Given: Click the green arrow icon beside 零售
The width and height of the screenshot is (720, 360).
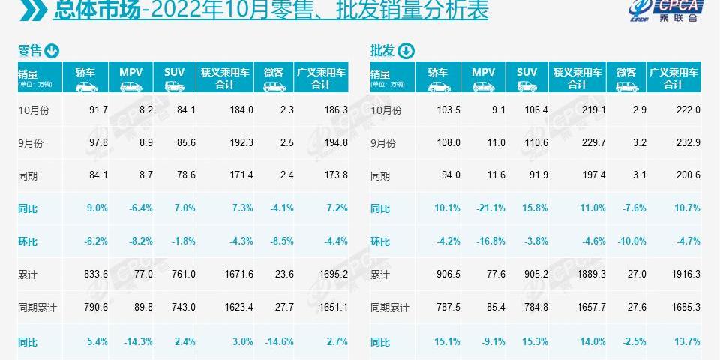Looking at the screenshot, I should (52, 51).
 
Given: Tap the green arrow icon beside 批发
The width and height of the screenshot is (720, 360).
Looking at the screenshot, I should (405, 51).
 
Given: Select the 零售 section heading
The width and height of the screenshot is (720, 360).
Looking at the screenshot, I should (30, 51).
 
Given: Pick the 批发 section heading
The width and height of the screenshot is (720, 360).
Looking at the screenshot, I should (382, 51).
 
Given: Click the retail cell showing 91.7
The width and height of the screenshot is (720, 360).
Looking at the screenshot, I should (98, 109).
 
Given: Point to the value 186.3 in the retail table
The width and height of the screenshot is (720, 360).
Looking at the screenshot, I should (334, 109).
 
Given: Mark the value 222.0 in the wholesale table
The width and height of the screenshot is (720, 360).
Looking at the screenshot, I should (687, 109).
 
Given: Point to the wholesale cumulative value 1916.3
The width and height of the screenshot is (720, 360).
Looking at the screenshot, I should (684, 275).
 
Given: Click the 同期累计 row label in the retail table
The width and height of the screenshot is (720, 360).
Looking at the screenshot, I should (37, 308).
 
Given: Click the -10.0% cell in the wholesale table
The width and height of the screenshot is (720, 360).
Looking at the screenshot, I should (631, 241).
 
